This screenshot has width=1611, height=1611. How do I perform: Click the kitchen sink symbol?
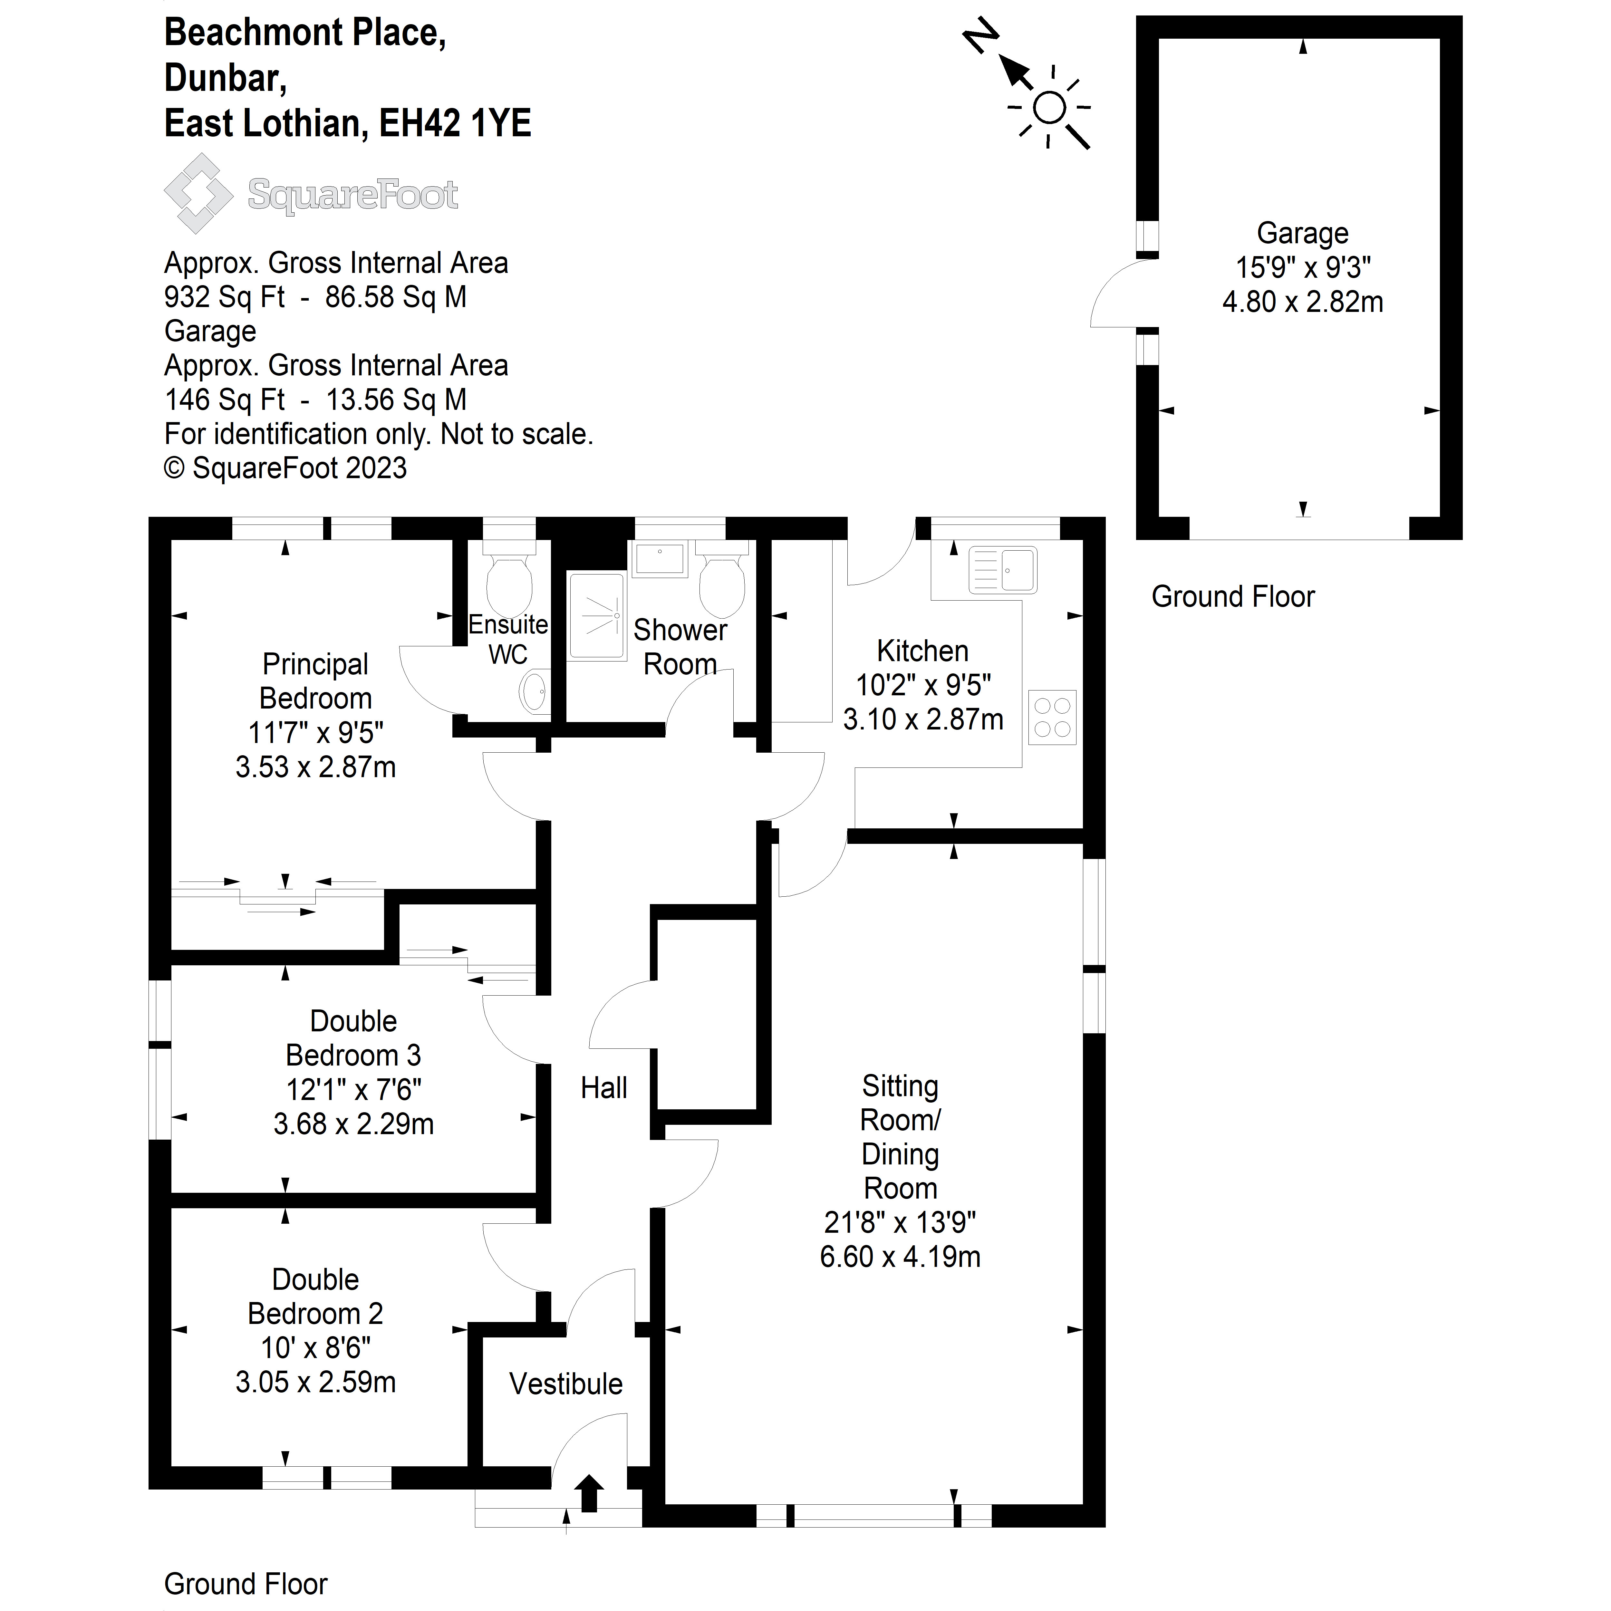pos(1003,570)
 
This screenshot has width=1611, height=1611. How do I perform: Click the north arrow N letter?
pos(981,37)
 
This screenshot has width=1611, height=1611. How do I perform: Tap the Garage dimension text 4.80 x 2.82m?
pos(1302,302)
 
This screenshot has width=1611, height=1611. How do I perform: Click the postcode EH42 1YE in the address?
pos(455,123)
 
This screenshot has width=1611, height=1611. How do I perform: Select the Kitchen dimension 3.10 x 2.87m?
pos(923,719)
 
